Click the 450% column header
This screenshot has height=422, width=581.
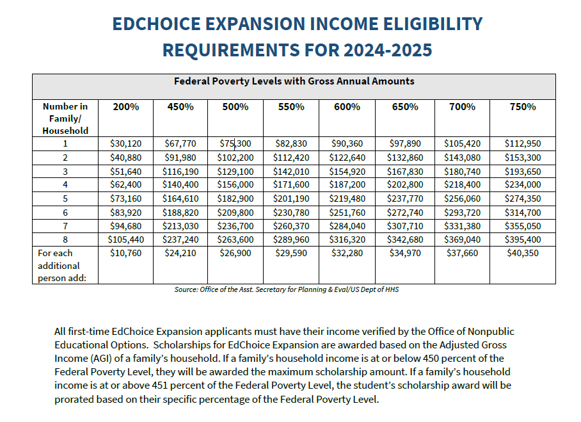[180, 107]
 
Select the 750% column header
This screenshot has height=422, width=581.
[522, 107]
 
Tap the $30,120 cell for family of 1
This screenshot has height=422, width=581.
[126, 143]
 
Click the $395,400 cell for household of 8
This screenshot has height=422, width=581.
[522, 240]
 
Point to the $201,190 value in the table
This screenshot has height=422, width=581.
[291, 199]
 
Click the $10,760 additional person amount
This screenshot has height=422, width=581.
[126, 253]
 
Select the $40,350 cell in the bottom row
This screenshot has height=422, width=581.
[522, 253]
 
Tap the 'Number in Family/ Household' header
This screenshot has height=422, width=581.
[65, 118]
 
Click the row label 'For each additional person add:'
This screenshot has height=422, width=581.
[60, 265]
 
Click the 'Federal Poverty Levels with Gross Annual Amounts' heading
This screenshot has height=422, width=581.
[294, 81]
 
